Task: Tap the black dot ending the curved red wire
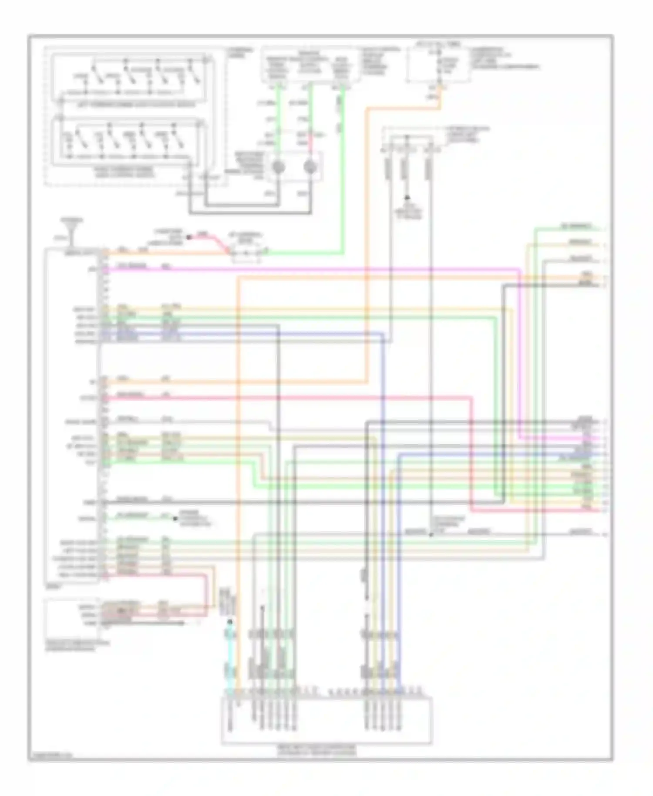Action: tap(189, 237)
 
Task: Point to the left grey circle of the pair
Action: tap(279, 167)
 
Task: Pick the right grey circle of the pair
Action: tap(310, 167)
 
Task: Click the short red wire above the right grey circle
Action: tap(310, 140)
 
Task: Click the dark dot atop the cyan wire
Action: tap(229, 622)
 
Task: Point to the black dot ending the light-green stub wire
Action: tap(175, 519)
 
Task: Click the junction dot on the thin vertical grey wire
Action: tap(431, 534)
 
